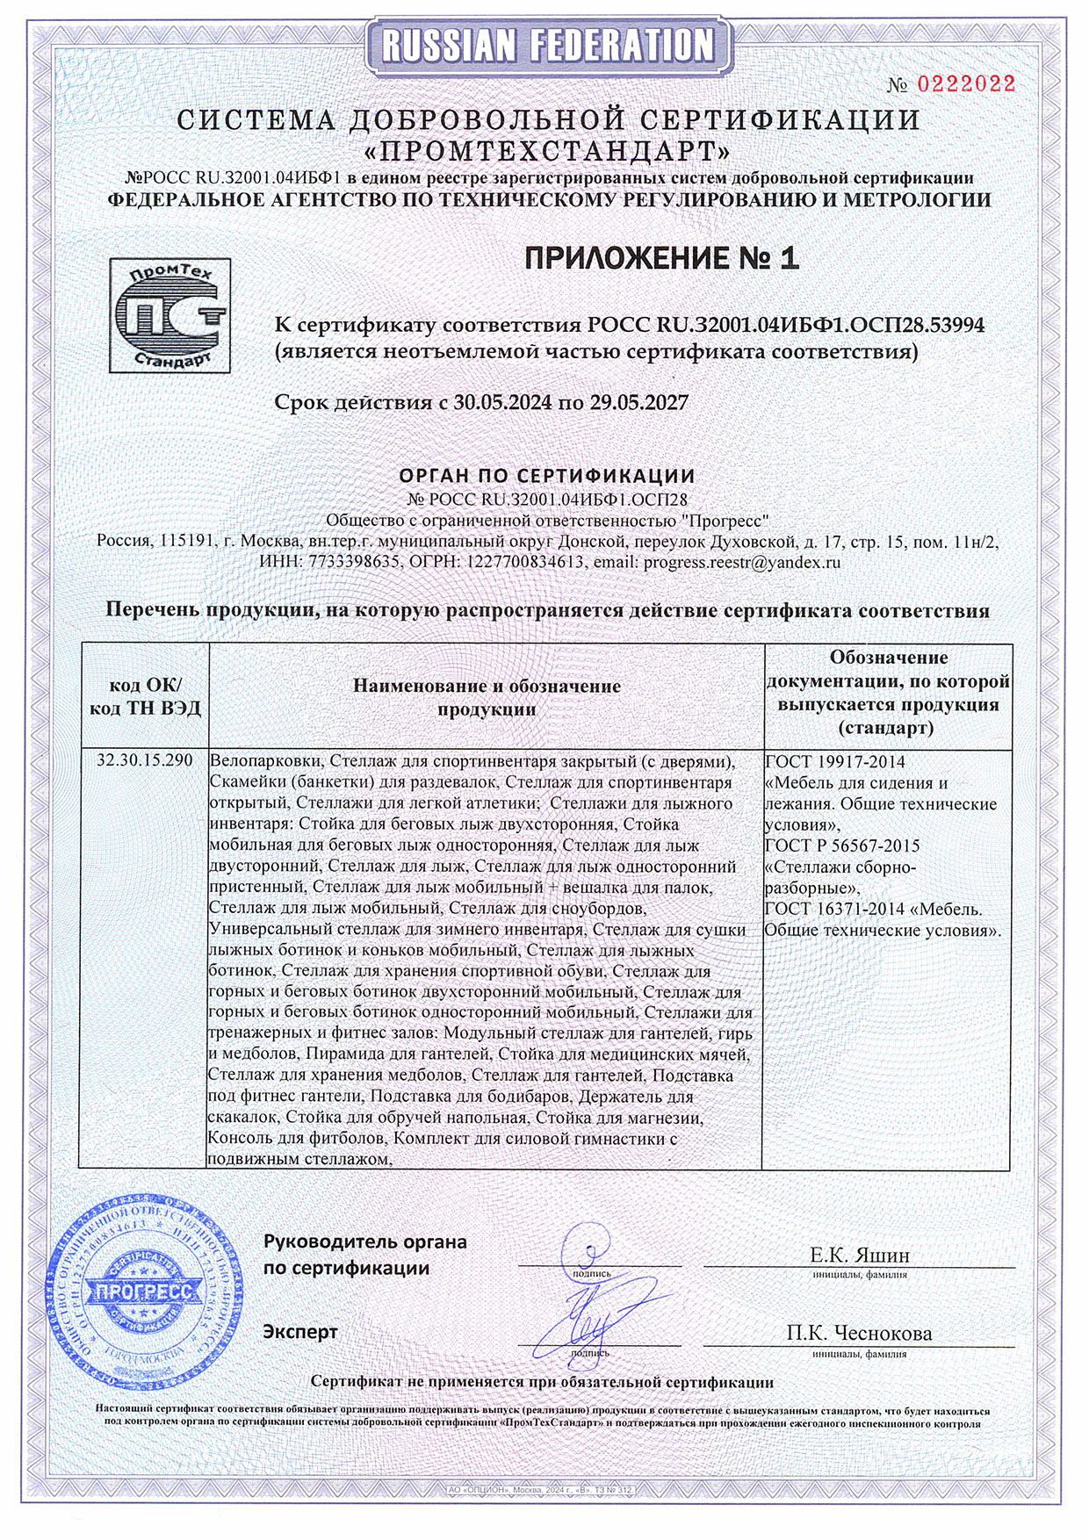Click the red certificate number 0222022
pyautogui.click(x=966, y=84)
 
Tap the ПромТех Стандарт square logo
pyautogui.click(x=169, y=315)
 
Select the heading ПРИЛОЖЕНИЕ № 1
pyautogui.click(x=661, y=258)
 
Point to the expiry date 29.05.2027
pyautogui.click(x=638, y=403)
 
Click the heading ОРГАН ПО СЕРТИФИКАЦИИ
pyautogui.click(x=546, y=476)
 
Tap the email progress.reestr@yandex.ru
pyautogui.click(x=741, y=562)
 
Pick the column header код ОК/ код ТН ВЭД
pyautogui.click(x=145, y=696)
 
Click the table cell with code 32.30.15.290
pyautogui.click(x=145, y=760)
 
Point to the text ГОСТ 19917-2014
pyautogui.click(x=834, y=761)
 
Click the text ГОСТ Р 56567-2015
pyautogui.click(x=842, y=846)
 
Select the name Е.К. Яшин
pyautogui.click(x=859, y=1255)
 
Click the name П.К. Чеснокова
pyautogui.click(x=859, y=1333)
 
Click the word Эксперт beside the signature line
pyautogui.click(x=300, y=1332)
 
